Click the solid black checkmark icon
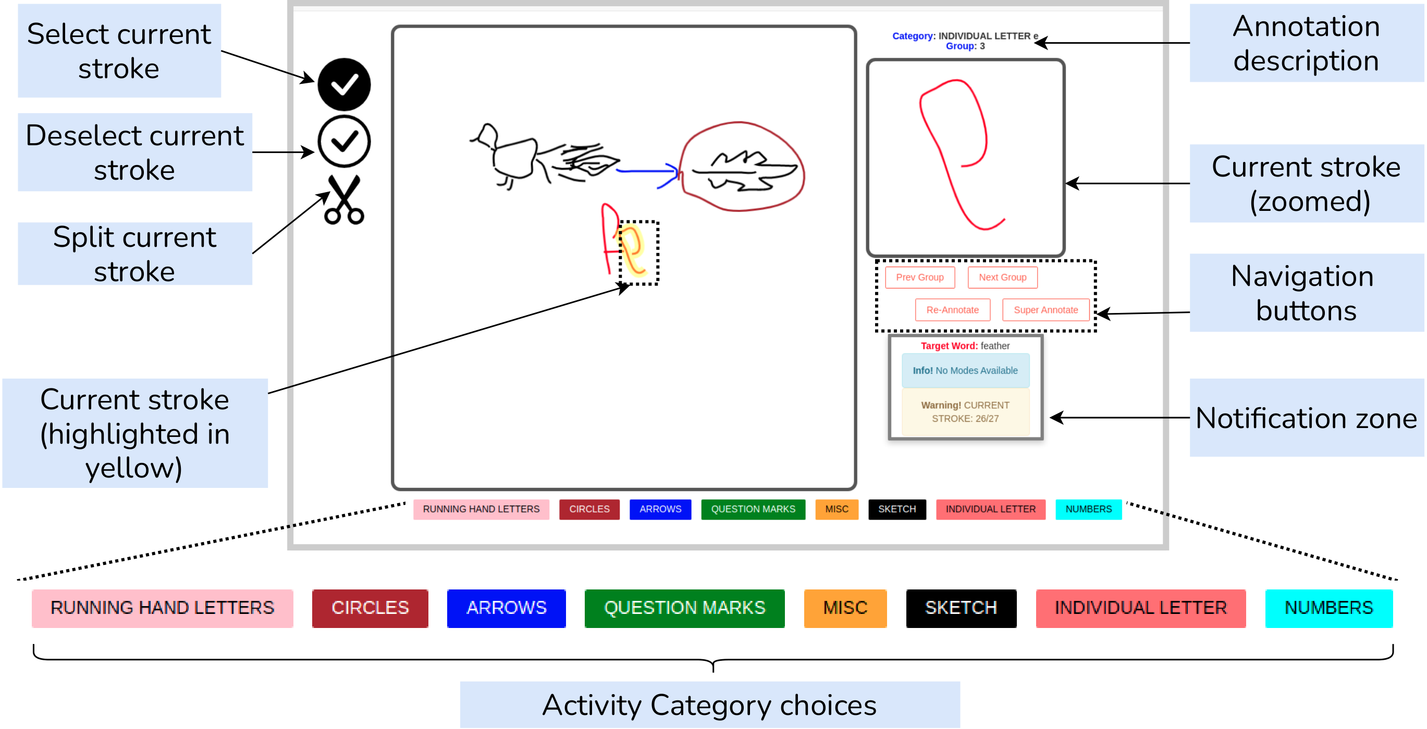[344, 84]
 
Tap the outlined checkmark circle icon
[344, 142]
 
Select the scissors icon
[344, 200]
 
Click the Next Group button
[1002, 278]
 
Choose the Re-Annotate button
[952, 310]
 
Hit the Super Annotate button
[1045, 310]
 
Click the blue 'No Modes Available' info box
[965, 370]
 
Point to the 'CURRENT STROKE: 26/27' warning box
[965, 412]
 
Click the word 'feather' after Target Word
[995, 346]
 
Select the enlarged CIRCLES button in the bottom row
[370, 608]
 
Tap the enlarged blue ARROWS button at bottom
[506, 608]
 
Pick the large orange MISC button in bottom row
[845, 608]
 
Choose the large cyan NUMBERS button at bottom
[1328, 608]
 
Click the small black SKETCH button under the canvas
[897, 509]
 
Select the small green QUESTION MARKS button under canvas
[753, 509]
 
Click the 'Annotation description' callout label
[1306, 43]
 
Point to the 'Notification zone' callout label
[1306, 418]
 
